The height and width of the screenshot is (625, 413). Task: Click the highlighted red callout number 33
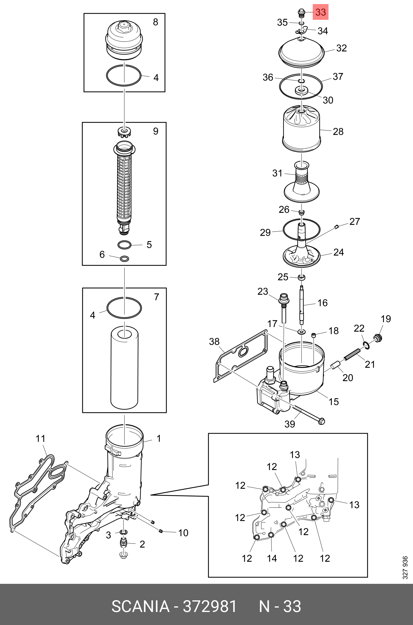pyautogui.click(x=321, y=12)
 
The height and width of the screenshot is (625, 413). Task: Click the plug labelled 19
pyautogui.click(x=378, y=338)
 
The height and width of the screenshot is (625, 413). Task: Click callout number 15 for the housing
pyautogui.click(x=334, y=402)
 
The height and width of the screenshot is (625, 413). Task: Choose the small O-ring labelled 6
pyautogui.click(x=124, y=259)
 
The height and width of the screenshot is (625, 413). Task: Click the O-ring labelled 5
pyautogui.click(x=124, y=245)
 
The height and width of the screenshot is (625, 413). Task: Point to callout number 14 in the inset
pyautogui.click(x=272, y=558)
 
